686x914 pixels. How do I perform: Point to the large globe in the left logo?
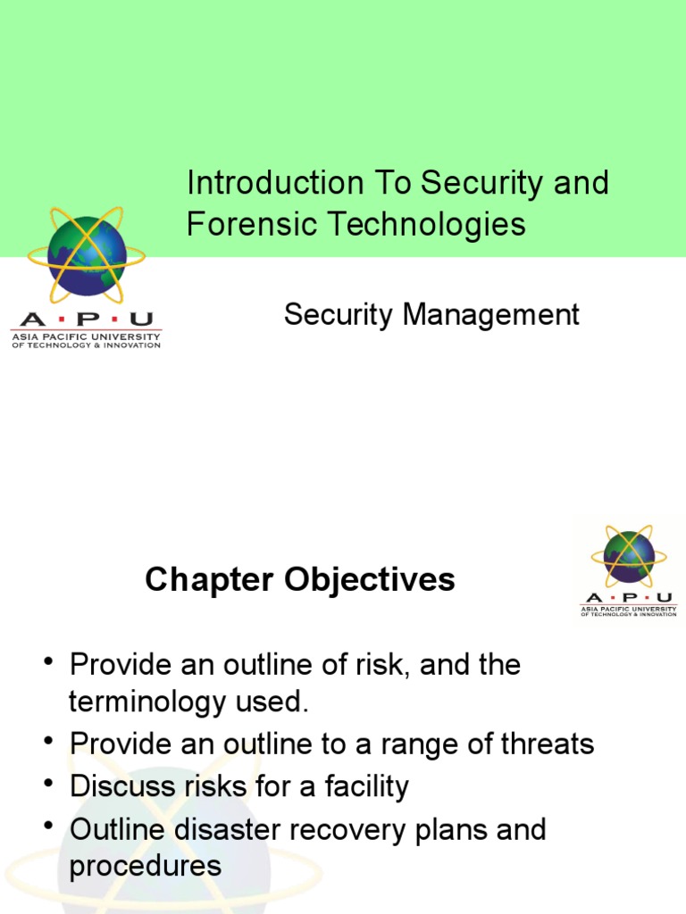(86, 255)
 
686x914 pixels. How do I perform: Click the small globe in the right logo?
(629, 557)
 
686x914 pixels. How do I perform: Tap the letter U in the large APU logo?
(141, 320)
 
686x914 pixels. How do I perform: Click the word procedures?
(145, 866)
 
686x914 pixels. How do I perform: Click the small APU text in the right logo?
(629, 597)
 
